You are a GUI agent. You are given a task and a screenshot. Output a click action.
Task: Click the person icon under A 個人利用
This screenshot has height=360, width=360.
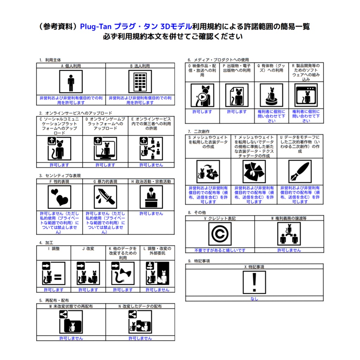tap(71, 82)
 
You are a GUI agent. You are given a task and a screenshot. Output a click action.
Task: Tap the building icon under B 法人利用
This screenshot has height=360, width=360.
tap(140, 82)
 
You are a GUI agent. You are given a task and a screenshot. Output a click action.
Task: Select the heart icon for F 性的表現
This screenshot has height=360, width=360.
tap(59, 197)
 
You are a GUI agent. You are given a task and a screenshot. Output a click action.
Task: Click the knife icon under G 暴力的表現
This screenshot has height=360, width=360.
tap(105, 197)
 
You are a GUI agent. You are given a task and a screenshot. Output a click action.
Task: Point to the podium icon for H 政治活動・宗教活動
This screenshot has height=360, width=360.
tap(151, 197)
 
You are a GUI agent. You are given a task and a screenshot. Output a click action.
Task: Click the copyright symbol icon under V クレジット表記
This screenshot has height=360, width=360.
tap(220, 234)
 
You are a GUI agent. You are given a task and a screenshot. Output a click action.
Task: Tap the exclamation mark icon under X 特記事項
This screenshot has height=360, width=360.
tap(255, 282)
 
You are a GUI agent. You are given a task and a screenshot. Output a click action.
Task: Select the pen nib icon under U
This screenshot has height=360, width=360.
tap(300, 172)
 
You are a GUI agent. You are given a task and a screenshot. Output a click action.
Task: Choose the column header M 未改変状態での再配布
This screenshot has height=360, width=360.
tap(71, 307)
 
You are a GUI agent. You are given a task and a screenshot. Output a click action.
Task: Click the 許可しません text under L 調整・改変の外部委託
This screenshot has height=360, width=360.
tap(157, 290)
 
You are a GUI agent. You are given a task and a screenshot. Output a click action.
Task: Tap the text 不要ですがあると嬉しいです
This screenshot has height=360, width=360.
tap(220, 250)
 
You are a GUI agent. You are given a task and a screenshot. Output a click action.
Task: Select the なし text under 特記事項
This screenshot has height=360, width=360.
tap(254, 299)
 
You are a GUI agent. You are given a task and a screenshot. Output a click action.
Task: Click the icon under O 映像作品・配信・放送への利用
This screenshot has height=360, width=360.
tap(202, 95)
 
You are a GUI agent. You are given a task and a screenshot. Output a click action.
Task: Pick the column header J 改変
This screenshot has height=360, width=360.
tap(88, 249)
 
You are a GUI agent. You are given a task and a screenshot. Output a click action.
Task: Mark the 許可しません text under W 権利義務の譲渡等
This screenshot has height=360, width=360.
tap(289, 250)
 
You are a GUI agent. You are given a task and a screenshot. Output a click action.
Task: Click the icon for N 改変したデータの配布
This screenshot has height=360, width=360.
tap(140, 322)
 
